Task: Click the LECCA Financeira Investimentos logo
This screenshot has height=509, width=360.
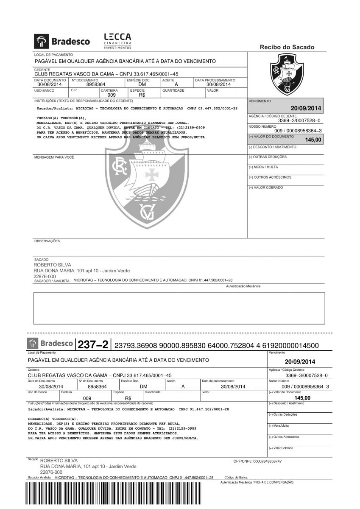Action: (x=117, y=41)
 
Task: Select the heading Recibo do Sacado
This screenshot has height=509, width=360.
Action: (x=287, y=47)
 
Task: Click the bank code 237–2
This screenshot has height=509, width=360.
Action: (x=93, y=344)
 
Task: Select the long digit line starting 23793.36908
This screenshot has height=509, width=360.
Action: (x=217, y=346)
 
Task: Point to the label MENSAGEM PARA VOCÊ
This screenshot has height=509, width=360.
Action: (x=54, y=157)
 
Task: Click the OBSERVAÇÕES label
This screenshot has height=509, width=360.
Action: (x=47, y=241)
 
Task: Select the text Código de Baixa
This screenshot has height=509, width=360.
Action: (x=236, y=477)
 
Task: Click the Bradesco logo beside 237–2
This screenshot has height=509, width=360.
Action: (x=50, y=343)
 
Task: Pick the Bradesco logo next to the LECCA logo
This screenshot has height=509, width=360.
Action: (x=62, y=41)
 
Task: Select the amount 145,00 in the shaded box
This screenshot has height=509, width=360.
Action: (x=313, y=140)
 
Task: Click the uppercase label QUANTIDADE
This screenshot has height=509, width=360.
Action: (x=173, y=90)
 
